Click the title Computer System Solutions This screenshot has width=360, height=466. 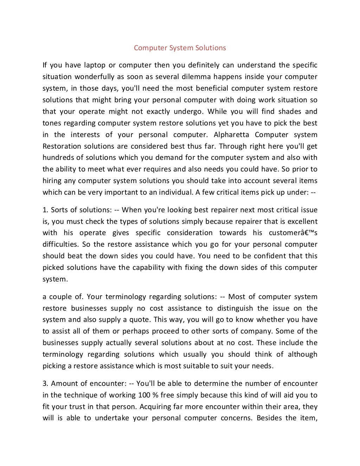(x=180, y=48)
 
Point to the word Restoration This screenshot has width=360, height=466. (x=62, y=146)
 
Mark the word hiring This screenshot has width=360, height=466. (x=52, y=181)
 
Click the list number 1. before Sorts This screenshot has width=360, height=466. (x=45, y=210)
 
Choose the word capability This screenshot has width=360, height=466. (x=148, y=267)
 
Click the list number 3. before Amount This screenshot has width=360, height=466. (x=45, y=383)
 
